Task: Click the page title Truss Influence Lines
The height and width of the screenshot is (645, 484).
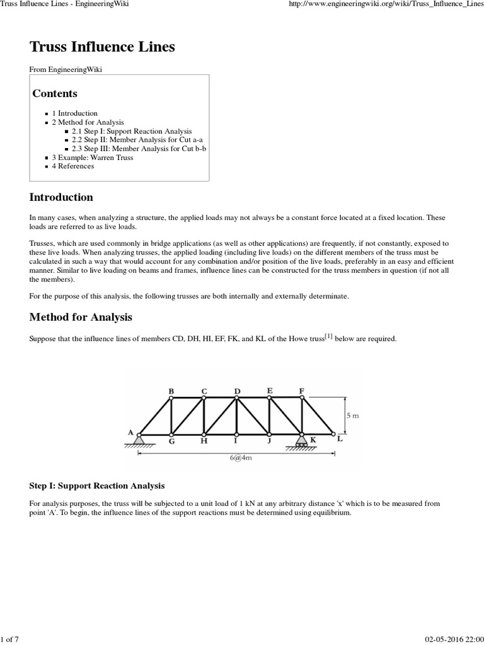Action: click(x=103, y=47)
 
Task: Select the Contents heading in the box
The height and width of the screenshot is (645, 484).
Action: click(x=55, y=94)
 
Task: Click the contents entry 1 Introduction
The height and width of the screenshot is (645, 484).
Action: click(x=74, y=113)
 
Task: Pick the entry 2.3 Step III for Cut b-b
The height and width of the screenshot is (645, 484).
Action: click(x=139, y=149)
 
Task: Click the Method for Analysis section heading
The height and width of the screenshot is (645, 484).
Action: click(x=81, y=317)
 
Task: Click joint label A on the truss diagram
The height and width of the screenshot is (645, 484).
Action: click(x=130, y=433)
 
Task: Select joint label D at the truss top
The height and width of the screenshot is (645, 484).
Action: click(x=237, y=391)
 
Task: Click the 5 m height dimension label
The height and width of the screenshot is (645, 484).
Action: click(x=353, y=415)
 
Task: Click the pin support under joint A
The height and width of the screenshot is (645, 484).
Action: click(x=139, y=440)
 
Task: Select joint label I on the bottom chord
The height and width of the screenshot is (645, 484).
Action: click(x=236, y=442)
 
